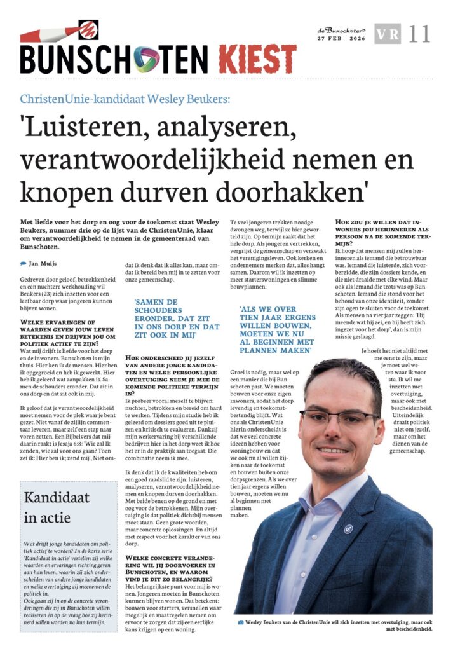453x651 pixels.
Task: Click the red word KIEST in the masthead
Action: [x=257, y=59]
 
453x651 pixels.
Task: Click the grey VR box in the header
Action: [x=388, y=33]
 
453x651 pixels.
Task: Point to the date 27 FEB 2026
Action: [x=341, y=39]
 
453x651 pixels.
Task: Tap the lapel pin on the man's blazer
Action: [x=348, y=528]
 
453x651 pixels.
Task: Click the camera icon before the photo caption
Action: [x=241, y=622]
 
